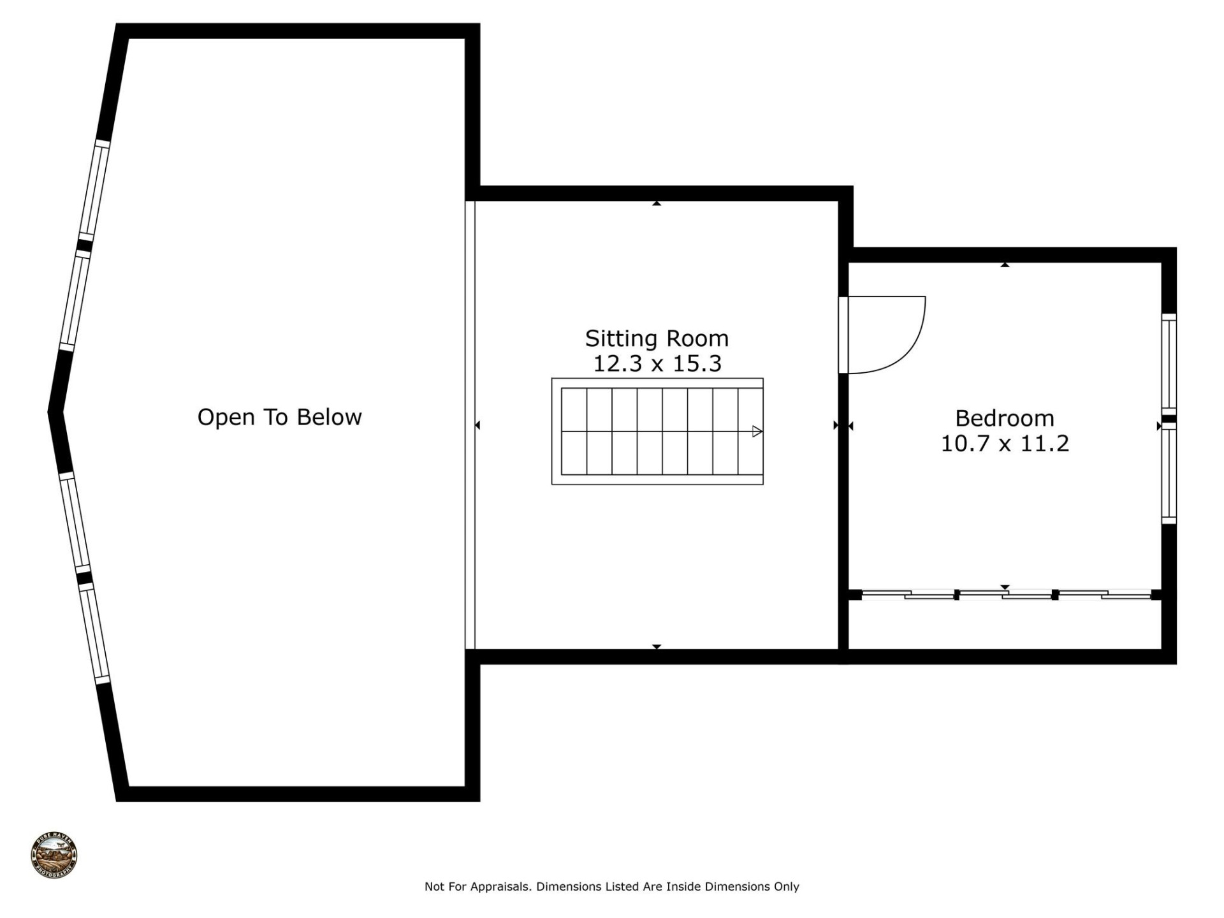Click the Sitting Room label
coord(657,339)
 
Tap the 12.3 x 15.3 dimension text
coord(657,364)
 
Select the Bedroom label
coord(1004,418)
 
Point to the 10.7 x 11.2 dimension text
coord(1004,443)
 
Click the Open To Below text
coord(279,417)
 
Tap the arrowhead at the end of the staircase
coord(757,432)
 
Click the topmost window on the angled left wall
coord(94,190)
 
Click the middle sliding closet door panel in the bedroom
coord(1005,595)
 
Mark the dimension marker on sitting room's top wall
coord(657,203)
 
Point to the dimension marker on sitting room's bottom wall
coord(657,646)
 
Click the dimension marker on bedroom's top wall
coord(1005,265)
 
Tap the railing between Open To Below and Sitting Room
coord(470,425)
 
